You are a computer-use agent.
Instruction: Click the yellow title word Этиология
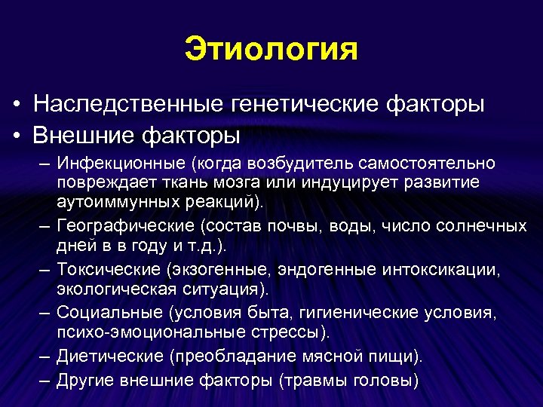[x=271, y=50]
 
